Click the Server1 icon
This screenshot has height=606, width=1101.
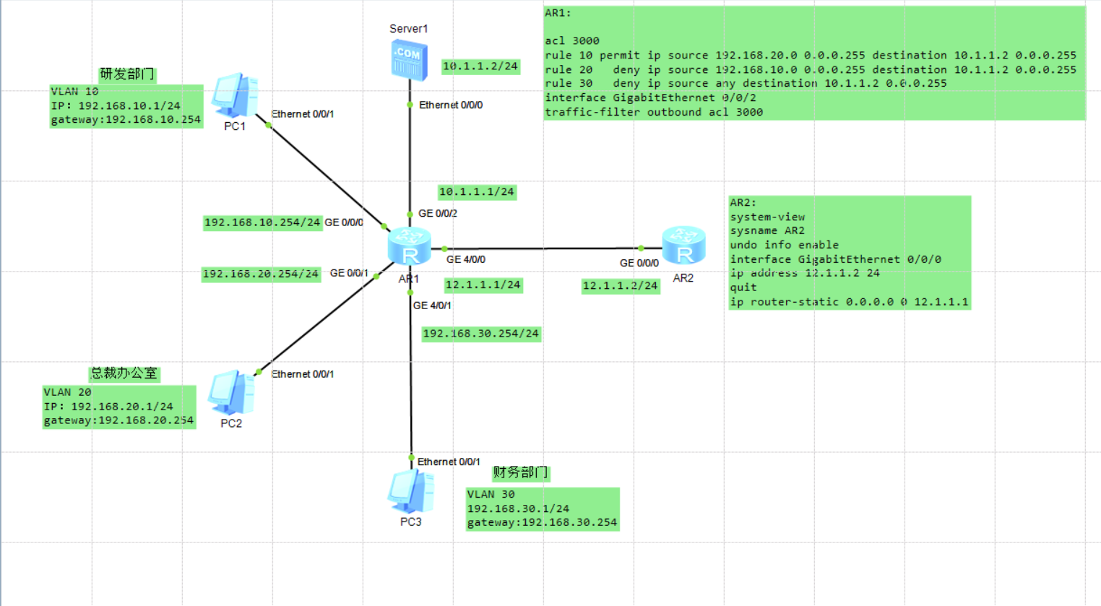(x=410, y=61)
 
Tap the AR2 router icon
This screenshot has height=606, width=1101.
(x=683, y=245)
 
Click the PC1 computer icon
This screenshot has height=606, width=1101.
(x=235, y=95)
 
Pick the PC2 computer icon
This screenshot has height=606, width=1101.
(x=231, y=392)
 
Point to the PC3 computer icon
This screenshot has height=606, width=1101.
(x=411, y=491)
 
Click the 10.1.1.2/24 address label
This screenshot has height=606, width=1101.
(x=480, y=66)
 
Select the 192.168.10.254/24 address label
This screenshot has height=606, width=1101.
(x=262, y=222)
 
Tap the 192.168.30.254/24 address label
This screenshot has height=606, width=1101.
(x=481, y=334)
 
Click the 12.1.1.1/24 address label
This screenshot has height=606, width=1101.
(x=483, y=285)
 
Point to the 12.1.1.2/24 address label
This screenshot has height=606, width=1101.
(x=621, y=286)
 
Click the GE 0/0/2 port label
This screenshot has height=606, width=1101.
(x=438, y=213)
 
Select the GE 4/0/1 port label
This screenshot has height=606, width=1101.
(x=432, y=306)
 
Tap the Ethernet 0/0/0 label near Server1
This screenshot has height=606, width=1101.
(x=451, y=105)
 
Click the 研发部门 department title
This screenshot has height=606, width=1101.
(x=127, y=74)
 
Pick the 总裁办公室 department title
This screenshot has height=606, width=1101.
(x=124, y=373)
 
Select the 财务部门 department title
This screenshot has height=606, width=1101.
(x=520, y=472)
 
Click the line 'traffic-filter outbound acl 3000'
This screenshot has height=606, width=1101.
(x=654, y=113)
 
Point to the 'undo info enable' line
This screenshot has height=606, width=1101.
(x=784, y=245)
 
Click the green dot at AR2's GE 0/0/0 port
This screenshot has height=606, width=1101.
(x=641, y=248)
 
